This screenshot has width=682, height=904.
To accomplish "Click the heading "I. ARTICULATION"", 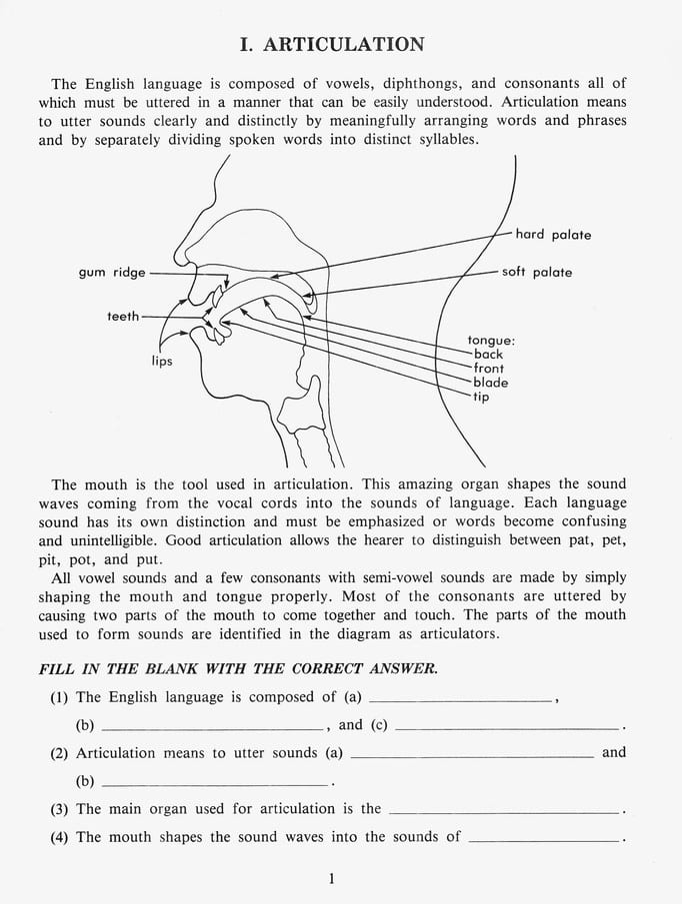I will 332,44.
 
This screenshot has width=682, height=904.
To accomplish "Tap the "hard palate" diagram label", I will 553,235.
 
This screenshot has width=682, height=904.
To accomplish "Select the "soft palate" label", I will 537,272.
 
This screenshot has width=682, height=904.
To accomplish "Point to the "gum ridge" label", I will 112,272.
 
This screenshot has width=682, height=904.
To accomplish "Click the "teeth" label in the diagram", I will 123,316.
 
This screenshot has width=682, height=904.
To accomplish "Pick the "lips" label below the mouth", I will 162,361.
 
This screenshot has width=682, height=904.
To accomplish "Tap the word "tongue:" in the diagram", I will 491,341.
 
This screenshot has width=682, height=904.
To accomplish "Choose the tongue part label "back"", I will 489,355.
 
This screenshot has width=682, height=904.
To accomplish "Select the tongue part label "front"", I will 490,369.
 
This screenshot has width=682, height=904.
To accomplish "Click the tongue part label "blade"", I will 491,383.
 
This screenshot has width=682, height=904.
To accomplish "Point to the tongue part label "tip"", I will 482,397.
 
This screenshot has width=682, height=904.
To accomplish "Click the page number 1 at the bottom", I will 331,879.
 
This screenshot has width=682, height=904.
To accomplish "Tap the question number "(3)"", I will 60,809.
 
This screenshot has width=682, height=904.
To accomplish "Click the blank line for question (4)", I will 543,841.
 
